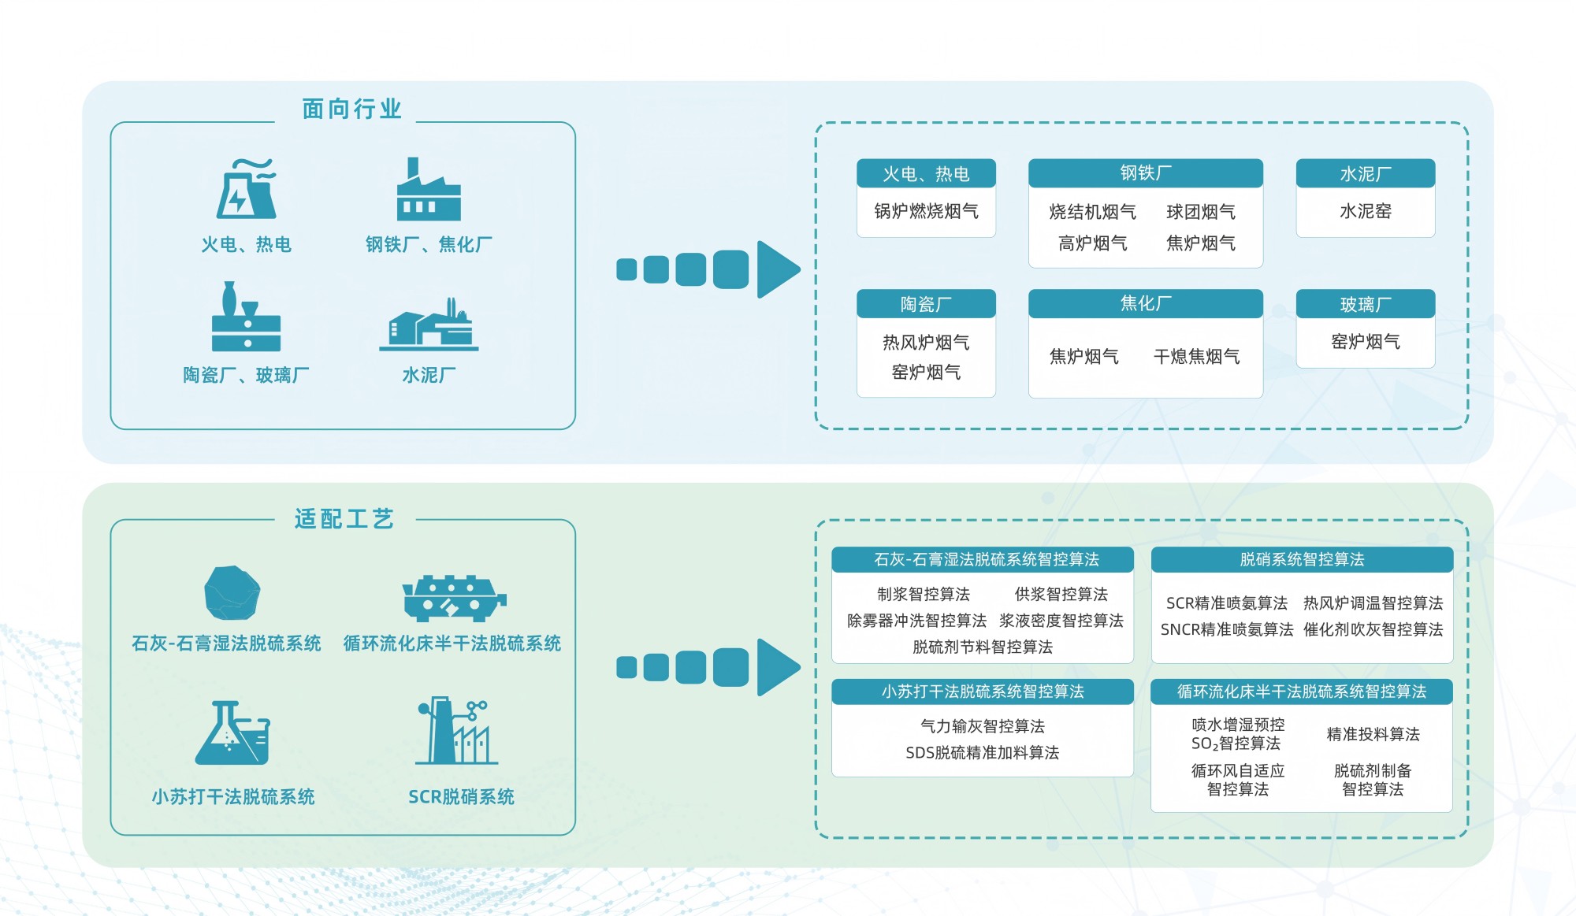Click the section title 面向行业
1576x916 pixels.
(351, 109)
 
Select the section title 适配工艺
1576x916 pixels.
(344, 518)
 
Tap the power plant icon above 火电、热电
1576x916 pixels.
(247, 189)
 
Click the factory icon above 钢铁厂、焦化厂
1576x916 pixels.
(428, 190)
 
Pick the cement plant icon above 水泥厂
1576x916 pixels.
(429, 324)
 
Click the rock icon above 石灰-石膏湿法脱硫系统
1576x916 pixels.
(232, 592)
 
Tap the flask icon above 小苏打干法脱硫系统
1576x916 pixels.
(232, 733)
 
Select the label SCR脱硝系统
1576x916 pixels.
(461, 796)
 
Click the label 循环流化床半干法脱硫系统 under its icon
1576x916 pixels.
(452, 643)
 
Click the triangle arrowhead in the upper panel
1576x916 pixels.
(777, 269)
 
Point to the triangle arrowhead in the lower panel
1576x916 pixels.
(777, 667)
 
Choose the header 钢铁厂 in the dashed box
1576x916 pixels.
(1145, 172)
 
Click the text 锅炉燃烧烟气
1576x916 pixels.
(926, 211)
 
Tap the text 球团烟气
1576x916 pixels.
(1200, 212)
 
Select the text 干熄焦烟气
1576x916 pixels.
(1196, 357)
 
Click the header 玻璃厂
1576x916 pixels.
(1365, 304)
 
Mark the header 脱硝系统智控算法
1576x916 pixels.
(1302, 559)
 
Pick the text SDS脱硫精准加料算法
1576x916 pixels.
(982, 753)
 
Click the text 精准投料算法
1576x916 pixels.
(1373, 734)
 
